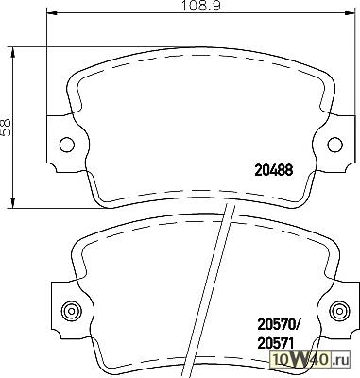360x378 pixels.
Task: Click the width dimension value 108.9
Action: point(201,6)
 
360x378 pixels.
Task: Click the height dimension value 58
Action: point(6,128)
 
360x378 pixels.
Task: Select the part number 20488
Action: point(273,170)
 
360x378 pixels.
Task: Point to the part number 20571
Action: point(276,343)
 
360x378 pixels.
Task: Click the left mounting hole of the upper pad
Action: point(67,145)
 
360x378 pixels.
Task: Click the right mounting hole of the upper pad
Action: point(334,145)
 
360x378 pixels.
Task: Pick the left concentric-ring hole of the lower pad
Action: point(72,311)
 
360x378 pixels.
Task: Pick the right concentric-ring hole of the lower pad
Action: point(340,311)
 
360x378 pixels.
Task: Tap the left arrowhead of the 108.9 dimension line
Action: point(51,13)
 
